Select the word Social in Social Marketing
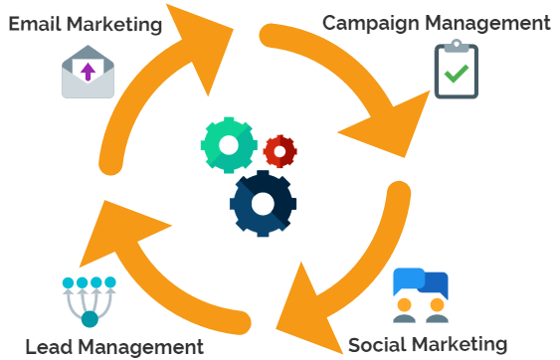378,344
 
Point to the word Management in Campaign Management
496,22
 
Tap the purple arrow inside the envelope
88,70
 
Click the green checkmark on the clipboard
457,74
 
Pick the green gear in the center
229,145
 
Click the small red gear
280,151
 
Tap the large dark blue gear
263,204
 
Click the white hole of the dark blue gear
263,204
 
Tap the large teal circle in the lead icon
90,319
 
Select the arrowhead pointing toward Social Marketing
303,302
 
